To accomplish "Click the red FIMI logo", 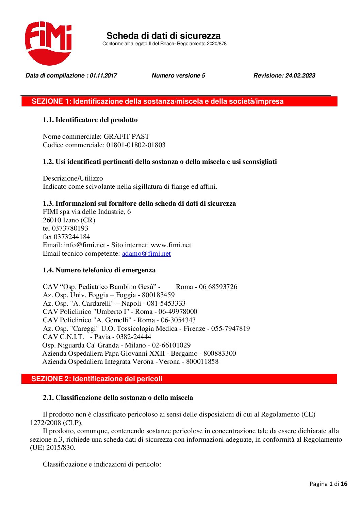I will [48, 43].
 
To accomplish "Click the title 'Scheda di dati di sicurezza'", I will [163, 36].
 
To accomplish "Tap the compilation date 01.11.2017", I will [103, 75].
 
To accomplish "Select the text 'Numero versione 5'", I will [178, 75].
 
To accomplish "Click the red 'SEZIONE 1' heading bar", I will [179, 101].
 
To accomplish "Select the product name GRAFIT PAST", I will [126, 136].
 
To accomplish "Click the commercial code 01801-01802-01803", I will [136, 145].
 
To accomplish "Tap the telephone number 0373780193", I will [70, 228].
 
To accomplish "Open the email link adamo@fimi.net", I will [146, 253].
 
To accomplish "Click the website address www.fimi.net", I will [171, 245].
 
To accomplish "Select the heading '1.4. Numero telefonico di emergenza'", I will [99, 270].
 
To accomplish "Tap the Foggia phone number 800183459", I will [158, 295].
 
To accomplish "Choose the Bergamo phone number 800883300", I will [219, 353].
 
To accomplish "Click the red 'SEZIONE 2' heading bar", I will [179, 379].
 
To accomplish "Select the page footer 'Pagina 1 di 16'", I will [328, 484].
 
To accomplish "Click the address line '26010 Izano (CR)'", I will [69, 220].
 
